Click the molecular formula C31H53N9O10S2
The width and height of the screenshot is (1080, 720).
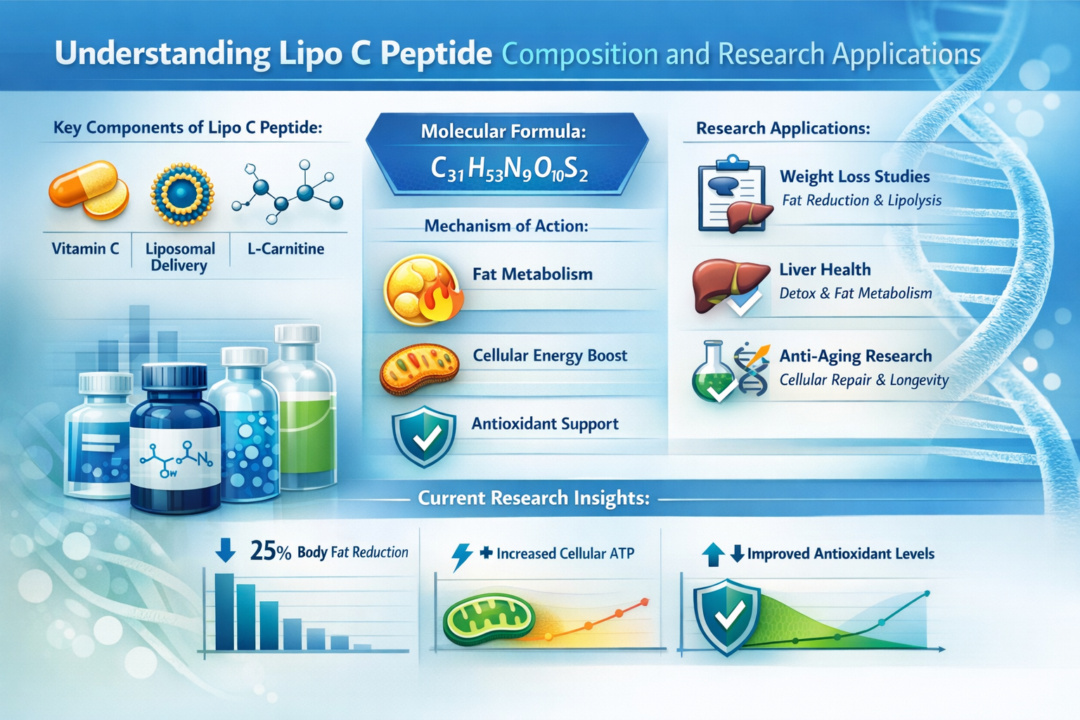point(508,169)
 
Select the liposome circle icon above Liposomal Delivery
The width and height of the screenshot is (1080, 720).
point(182,193)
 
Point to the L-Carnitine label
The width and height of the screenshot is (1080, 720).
point(285,249)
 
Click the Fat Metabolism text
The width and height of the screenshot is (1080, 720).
point(532,274)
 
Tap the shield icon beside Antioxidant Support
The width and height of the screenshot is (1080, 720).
point(423,436)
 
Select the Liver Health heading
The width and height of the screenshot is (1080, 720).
point(825,269)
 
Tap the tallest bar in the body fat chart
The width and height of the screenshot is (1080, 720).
point(224,612)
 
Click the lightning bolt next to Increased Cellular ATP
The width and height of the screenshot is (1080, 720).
point(461,556)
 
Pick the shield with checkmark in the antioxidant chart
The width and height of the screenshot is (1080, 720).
point(726,617)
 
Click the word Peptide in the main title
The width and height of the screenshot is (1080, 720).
point(436,53)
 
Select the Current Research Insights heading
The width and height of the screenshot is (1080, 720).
point(533,498)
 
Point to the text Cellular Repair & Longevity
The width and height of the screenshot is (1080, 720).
point(863,380)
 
